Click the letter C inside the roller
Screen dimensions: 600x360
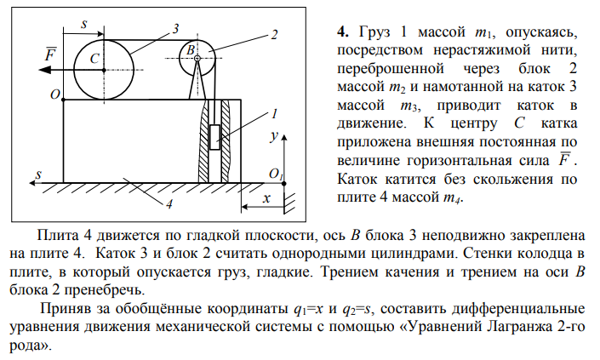(x=94, y=59)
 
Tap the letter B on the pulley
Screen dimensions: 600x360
(x=191, y=49)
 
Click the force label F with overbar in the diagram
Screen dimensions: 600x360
(x=50, y=54)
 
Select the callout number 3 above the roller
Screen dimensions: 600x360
(x=175, y=29)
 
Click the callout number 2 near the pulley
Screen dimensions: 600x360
(x=274, y=35)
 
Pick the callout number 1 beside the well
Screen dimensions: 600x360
(x=274, y=114)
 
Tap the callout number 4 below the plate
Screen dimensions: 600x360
(x=169, y=204)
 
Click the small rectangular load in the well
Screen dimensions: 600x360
(x=214, y=137)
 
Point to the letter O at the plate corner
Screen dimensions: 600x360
(x=55, y=94)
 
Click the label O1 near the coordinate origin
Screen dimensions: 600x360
(x=276, y=174)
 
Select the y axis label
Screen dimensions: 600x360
(x=274, y=136)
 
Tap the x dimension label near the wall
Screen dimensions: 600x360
(x=266, y=198)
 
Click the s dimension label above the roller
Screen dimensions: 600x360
(x=84, y=24)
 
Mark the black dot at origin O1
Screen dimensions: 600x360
(x=284, y=184)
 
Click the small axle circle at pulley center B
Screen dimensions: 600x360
(x=197, y=58)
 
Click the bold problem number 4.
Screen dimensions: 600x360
(x=343, y=31)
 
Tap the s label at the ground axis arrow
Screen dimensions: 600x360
(x=38, y=174)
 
